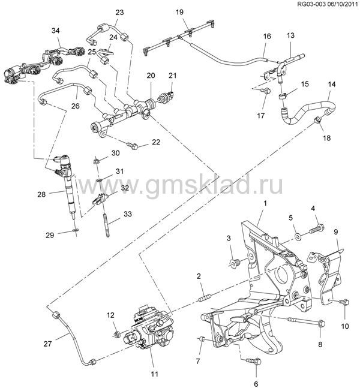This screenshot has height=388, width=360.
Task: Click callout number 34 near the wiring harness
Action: tap(56, 30)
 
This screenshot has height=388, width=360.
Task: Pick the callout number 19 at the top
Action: tap(179, 11)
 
